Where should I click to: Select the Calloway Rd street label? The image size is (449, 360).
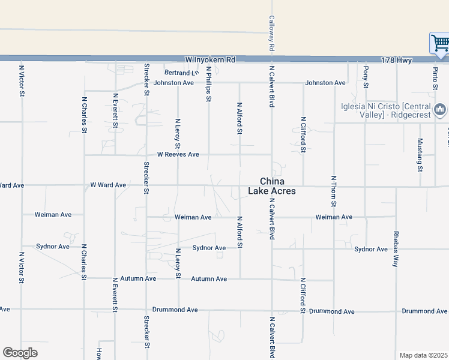(271, 33)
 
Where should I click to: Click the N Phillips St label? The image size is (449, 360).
(208, 84)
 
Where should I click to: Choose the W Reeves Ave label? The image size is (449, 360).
(178, 154)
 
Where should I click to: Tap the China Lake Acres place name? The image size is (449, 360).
(272, 186)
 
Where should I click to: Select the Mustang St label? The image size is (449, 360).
(420, 154)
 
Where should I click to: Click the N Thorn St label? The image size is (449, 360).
(333, 193)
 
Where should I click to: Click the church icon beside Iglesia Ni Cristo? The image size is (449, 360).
(441, 109)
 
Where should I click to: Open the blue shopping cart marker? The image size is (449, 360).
(439, 43)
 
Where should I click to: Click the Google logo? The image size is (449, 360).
(20, 353)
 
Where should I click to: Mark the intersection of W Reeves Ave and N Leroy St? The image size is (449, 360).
(178, 155)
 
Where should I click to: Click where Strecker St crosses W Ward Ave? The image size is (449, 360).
(146, 185)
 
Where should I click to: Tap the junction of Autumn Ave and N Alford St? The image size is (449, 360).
(240, 279)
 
